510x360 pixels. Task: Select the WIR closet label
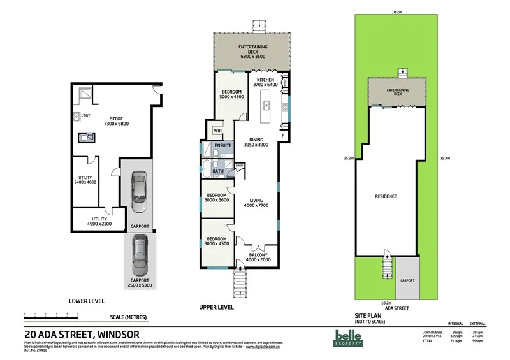tap(217, 132)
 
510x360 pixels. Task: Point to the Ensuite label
tap(222, 146)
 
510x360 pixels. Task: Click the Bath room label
tap(218, 171)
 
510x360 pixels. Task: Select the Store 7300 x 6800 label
tap(116, 120)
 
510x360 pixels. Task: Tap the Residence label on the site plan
tap(386, 196)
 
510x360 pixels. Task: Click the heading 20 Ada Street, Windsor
tap(82, 333)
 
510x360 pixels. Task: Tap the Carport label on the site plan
tap(407, 280)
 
